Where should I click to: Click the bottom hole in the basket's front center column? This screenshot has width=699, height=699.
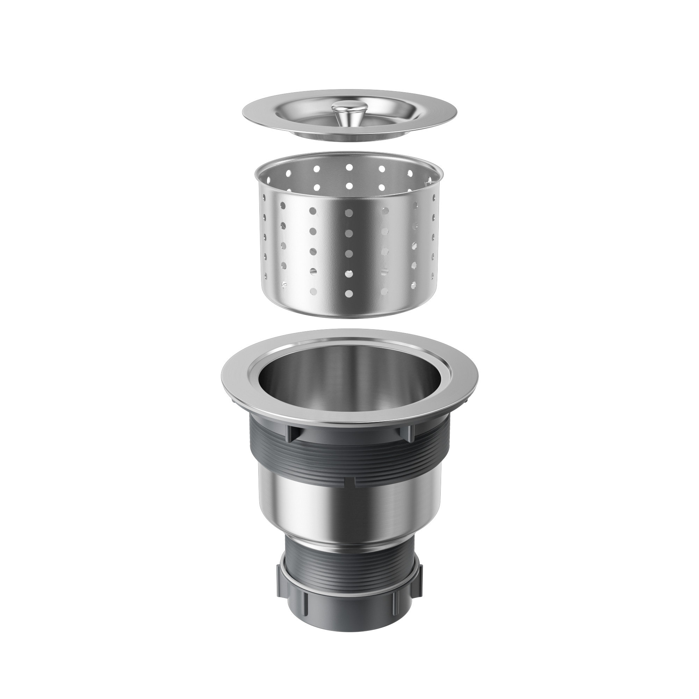[x=349, y=293]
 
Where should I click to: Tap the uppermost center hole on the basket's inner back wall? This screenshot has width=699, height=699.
[x=349, y=167]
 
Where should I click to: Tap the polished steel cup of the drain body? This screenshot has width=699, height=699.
[x=349, y=514]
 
